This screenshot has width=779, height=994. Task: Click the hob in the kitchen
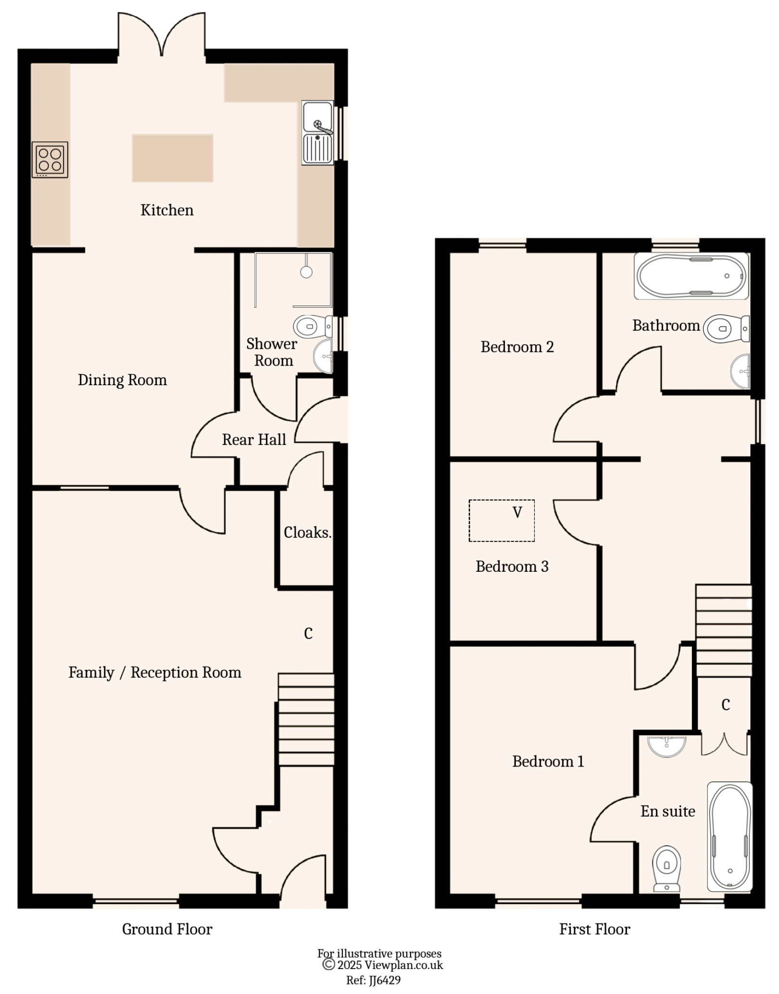50,160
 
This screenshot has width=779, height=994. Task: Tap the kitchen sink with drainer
317,133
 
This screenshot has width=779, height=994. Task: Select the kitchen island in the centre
173,158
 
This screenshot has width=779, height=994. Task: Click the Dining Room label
122,380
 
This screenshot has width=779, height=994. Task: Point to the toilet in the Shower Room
312,327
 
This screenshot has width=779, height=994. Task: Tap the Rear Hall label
254,440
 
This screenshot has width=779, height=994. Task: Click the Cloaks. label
307,532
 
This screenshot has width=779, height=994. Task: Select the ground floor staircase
306,719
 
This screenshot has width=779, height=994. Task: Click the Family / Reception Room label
154,672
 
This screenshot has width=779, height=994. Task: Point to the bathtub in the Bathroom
691,276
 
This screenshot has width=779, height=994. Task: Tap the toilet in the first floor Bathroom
725,329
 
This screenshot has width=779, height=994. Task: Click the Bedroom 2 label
517,347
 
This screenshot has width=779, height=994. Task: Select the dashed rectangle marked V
502,521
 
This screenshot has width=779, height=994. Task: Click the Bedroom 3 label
512,566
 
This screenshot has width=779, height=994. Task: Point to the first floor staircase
724,631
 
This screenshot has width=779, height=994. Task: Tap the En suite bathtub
729,837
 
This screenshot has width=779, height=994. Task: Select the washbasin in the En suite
666,746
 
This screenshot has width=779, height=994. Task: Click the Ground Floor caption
167,929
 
